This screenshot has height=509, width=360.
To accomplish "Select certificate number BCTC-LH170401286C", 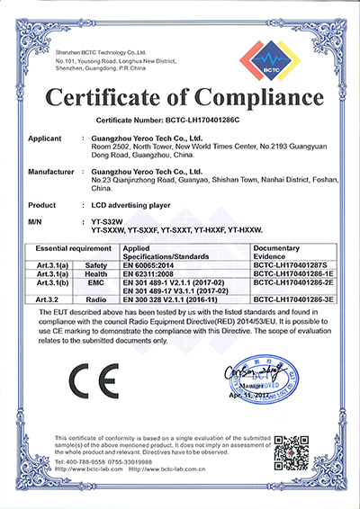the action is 213,118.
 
